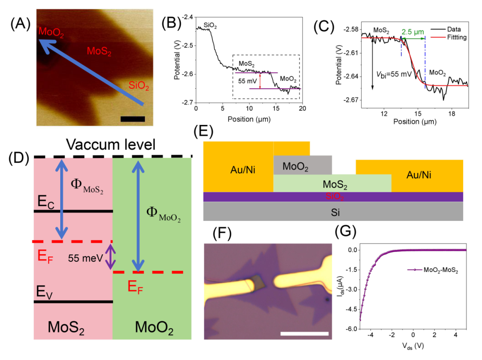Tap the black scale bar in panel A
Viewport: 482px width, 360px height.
coord(133,119)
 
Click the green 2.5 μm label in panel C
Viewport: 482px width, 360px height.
coord(412,32)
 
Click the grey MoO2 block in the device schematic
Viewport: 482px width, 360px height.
coord(302,166)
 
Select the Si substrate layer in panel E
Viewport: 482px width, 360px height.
coord(332,212)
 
